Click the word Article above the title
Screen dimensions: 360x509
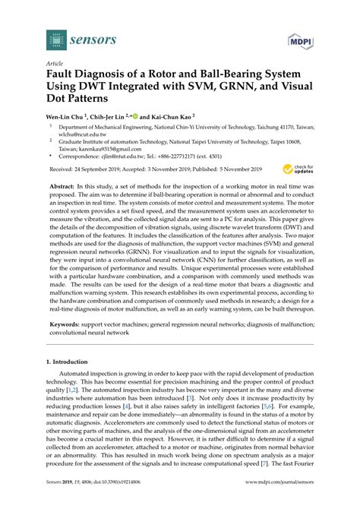(x=55, y=65)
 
